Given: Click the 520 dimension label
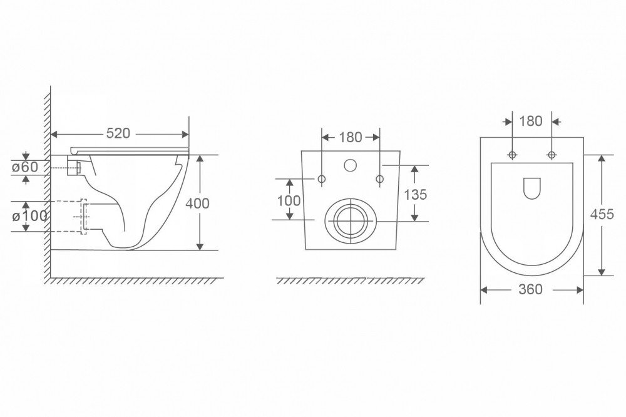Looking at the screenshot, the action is click(x=118, y=133).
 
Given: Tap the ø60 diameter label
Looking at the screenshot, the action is click(x=25, y=167).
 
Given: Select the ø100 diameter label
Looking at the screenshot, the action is click(x=29, y=216).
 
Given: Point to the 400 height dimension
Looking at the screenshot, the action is click(x=197, y=203).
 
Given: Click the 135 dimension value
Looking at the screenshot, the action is click(x=416, y=195).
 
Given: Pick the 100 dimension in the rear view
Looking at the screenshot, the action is click(x=289, y=200).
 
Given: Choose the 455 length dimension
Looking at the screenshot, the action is click(x=602, y=215).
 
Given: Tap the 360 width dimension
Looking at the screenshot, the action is click(x=531, y=289).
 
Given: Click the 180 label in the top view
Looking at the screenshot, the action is click(x=531, y=121).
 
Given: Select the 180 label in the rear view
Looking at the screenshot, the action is click(x=351, y=137).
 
